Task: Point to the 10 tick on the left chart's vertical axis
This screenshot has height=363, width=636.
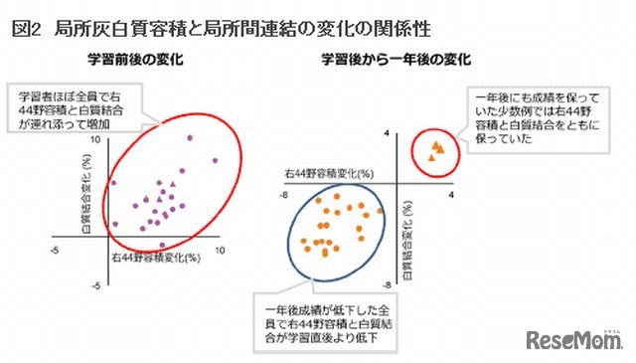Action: tap(95, 141)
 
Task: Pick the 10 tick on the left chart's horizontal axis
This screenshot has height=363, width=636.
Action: tap(220, 251)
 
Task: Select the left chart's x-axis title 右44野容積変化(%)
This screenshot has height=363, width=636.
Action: tap(149, 258)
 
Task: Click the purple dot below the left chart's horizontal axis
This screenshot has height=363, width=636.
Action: tap(163, 245)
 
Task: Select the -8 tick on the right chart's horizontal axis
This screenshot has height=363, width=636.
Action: tap(284, 195)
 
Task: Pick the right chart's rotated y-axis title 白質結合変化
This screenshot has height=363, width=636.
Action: tap(407, 225)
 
